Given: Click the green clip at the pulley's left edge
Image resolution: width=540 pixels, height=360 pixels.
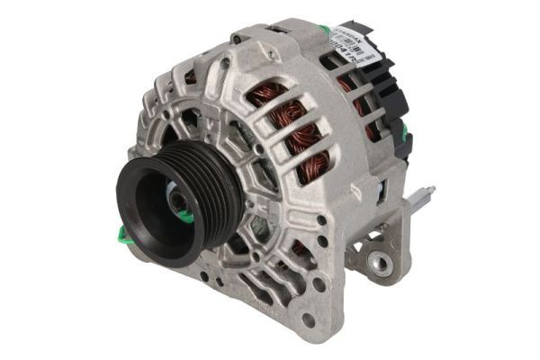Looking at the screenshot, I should click(122, 236).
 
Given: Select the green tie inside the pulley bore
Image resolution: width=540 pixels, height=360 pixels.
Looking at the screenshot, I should click(184, 215).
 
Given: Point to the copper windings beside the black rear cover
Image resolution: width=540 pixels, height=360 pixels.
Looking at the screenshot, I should click(360, 99).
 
